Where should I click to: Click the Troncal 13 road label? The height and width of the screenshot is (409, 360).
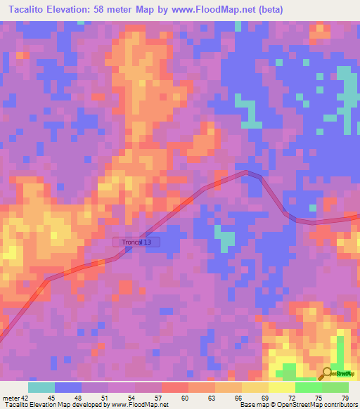[137, 242]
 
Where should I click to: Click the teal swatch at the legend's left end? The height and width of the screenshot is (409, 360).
[41, 387]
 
